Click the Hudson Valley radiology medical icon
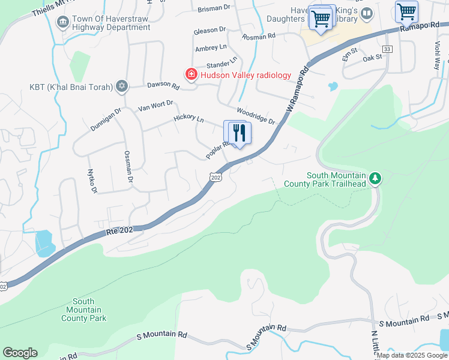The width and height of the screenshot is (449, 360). click(x=191, y=74)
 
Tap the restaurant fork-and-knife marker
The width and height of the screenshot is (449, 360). click(x=240, y=133)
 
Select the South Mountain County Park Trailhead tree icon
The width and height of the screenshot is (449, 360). click(x=375, y=178)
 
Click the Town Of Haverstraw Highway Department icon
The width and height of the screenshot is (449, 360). click(x=62, y=23)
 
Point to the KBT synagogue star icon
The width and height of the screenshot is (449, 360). click(x=122, y=86)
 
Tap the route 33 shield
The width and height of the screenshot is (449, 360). click(x=387, y=49)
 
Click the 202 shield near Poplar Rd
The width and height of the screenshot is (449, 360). click(x=216, y=177)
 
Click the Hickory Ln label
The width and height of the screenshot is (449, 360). click(x=188, y=119)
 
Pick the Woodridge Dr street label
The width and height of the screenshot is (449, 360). click(x=255, y=116)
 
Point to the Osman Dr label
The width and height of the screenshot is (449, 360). click(x=127, y=162)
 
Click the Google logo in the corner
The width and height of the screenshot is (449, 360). click(x=20, y=353)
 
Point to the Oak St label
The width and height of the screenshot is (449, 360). click(x=372, y=57)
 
